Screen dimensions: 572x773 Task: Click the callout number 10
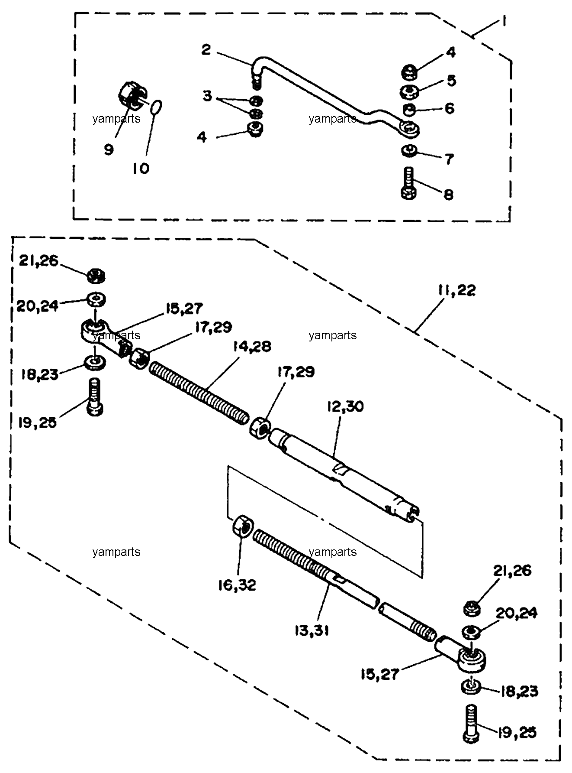[141, 169]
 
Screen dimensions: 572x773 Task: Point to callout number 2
[206, 50]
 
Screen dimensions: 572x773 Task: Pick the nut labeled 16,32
[243, 526]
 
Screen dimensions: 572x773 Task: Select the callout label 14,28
[252, 347]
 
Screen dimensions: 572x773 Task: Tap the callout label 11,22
[456, 290]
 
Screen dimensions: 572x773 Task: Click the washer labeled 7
[409, 151]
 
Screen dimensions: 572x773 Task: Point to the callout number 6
[450, 108]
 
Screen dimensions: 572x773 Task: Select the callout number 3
[208, 96]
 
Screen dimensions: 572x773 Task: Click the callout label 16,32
[238, 585]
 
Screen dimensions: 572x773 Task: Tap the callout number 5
[451, 80]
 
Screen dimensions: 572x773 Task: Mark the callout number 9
[109, 149]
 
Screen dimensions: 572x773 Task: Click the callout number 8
[449, 194]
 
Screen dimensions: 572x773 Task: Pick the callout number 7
[449, 159]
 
